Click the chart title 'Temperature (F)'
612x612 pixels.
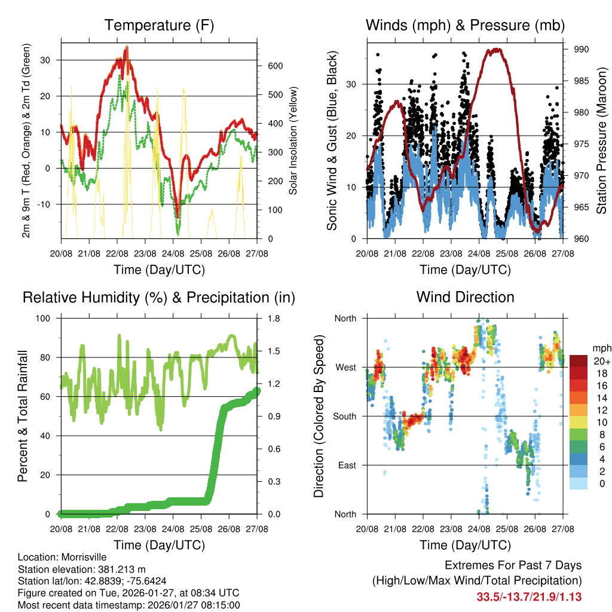pos(159,26)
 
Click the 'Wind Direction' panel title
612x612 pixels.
pos(465,297)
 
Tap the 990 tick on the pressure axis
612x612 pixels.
pos(582,49)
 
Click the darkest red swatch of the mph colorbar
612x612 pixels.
pos(578,361)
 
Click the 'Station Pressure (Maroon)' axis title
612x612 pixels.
pos(602,140)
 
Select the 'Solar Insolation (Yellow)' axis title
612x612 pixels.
pos(293,141)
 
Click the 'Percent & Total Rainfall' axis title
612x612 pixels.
pos(23,417)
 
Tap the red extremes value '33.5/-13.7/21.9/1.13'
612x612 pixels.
pos(529,596)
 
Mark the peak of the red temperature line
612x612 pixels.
pos(126,47)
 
